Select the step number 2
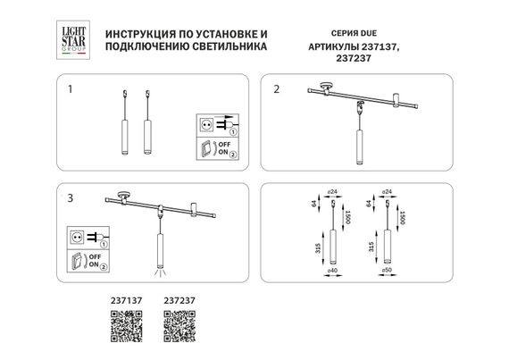(x=277, y=89)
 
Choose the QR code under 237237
(x=179, y=333)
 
